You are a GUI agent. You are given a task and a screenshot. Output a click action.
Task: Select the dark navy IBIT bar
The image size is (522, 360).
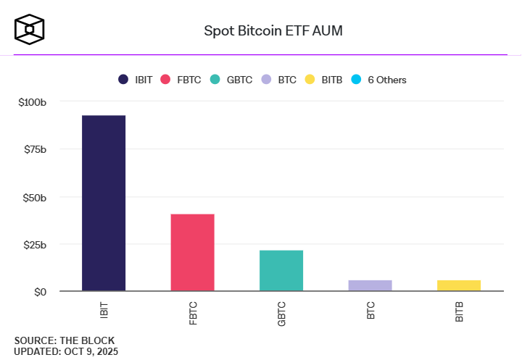pyautogui.click(x=104, y=203)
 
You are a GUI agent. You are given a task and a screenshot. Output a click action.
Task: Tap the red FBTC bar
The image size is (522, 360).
pyautogui.click(x=192, y=252)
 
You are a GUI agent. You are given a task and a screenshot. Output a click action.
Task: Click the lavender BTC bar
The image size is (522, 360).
pyautogui.click(x=370, y=285)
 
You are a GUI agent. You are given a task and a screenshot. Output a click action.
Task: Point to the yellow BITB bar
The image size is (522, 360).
pyautogui.click(x=459, y=285)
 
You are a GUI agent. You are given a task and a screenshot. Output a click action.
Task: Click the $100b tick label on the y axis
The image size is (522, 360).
pyautogui.click(x=33, y=102)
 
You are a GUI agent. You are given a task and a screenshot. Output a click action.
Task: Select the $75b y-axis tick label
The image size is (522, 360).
pyautogui.click(x=35, y=149)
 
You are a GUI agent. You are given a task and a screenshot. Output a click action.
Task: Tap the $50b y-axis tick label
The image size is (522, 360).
pyautogui.click(x=35, y=197)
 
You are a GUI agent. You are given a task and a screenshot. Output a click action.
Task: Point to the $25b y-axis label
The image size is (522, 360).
pyautogui.click(x=35, y=244)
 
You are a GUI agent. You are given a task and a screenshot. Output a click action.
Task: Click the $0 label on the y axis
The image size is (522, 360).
pyautogui.click(x=41, y=291)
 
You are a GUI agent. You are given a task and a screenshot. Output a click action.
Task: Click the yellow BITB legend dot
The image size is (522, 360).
pyautogui.click(x=310, y=80)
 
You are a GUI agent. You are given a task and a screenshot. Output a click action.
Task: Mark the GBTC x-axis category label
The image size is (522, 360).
pyautogui.click(x=281, y=314)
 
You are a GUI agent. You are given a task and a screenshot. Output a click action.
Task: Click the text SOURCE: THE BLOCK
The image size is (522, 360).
pyautogui.click(x=64, y=340)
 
